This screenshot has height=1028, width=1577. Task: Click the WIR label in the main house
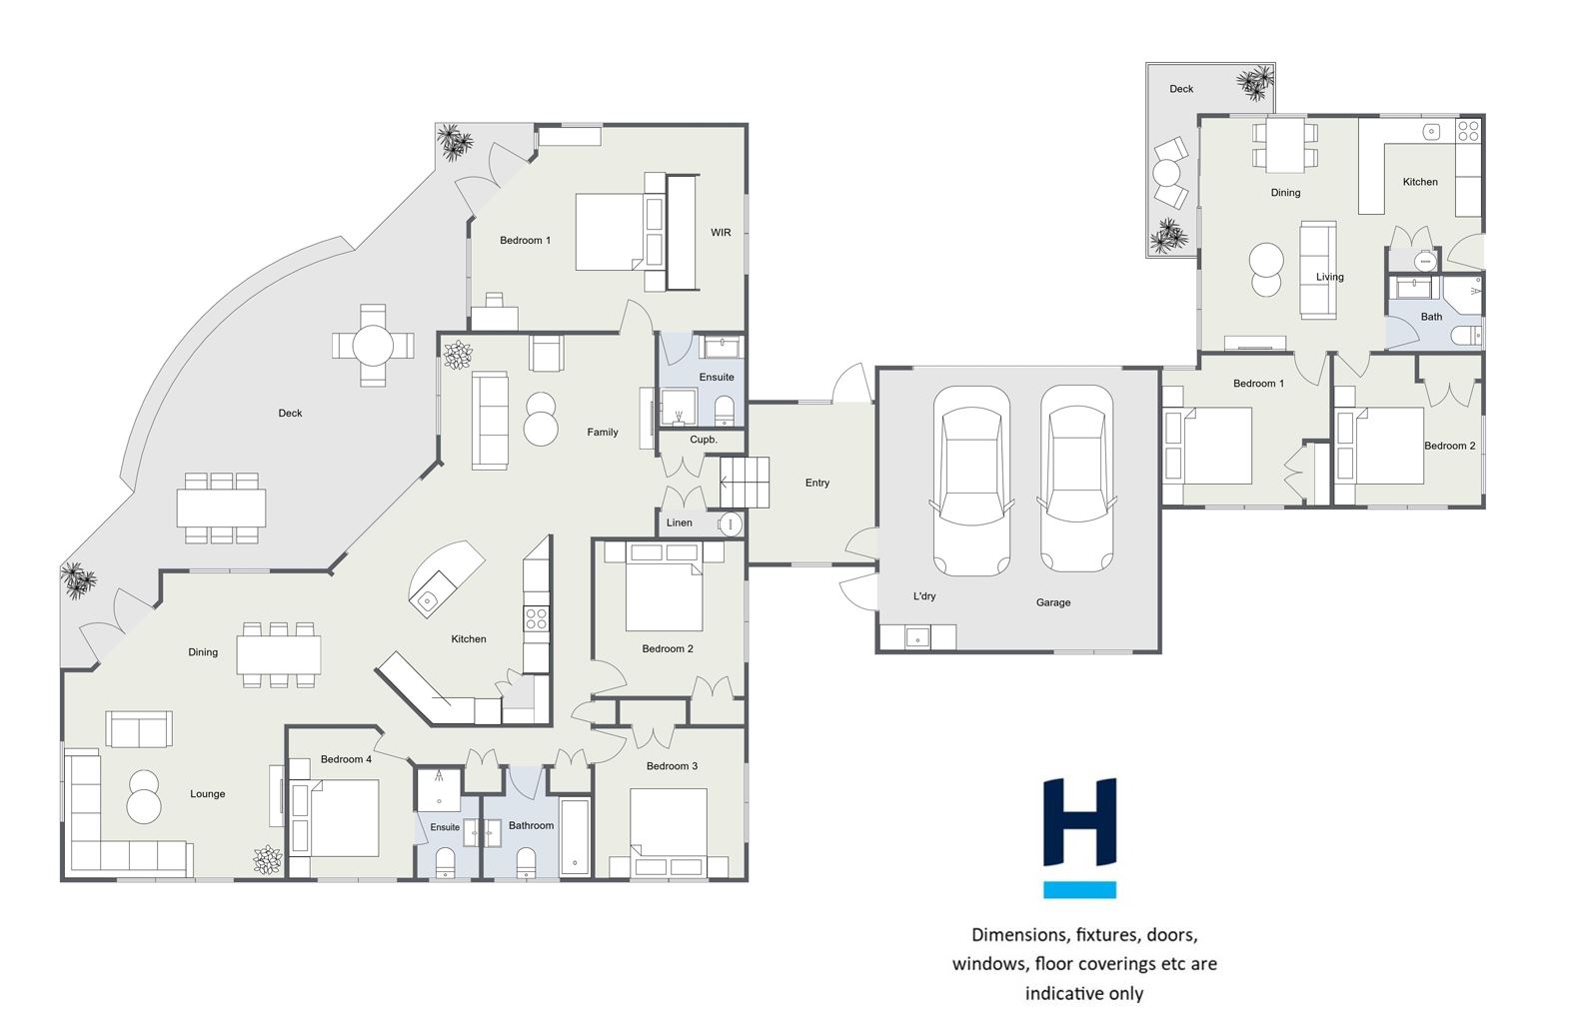[x=721, y=233]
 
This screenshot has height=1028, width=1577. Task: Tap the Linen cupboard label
[x=680, y=522]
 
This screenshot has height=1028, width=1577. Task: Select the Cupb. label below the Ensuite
[x=704, y=440]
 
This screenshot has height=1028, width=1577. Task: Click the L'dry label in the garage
[x=924, y=596]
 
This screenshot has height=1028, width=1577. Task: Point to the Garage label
[x=1053, y=602]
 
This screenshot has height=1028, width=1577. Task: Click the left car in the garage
[x=970, y=481]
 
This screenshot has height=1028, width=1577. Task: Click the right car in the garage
[x=1077, y=479]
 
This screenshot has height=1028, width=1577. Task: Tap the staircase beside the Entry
[x=745, y=482]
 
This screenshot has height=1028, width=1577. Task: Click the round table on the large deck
[x=373, y=346]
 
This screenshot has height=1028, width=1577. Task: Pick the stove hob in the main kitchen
[x=537, y=618]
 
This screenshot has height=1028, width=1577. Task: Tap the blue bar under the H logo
[x=1079, y=889]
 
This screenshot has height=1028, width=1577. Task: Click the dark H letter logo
[x=1079, y=821]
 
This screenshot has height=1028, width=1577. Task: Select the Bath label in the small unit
[x=1431, y=317]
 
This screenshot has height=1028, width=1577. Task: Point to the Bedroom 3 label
[x=672, y=766]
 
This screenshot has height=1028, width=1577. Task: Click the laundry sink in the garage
[x=917, y=637]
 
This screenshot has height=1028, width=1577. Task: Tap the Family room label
[x=603, y=433]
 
